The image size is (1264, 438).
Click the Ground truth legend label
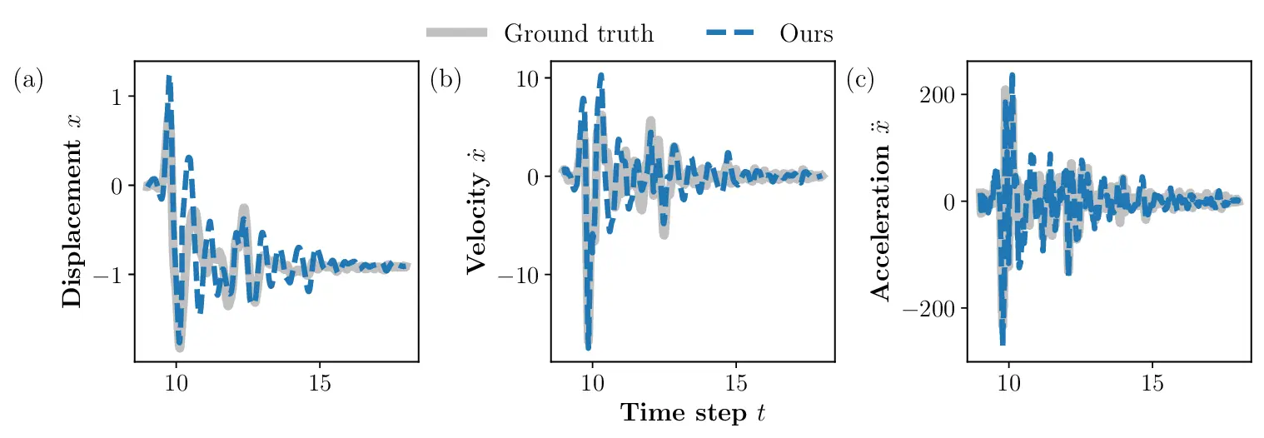point(579,33)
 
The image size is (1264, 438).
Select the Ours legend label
point(806,33)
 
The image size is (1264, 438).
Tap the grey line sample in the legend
point(456,33)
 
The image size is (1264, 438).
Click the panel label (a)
point(28,80)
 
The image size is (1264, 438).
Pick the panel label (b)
point(445,80)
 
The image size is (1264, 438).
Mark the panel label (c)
point(861,80)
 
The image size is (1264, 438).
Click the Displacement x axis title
point(73,211)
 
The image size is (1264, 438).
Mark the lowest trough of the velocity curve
point(588,346)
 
